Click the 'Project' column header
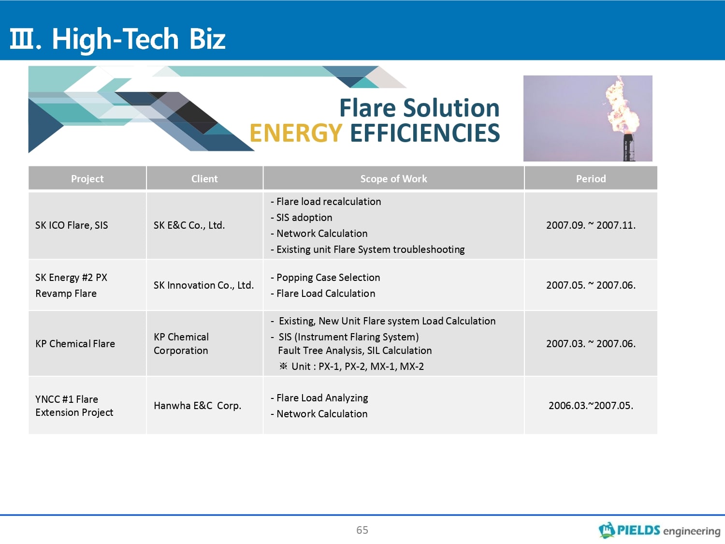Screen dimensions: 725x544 click(x=87, y=179)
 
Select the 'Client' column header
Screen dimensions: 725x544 click(x=204, y=179)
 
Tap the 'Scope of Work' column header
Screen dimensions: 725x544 click(x=393, y=179)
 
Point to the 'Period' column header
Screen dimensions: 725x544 click(x=591, y=179)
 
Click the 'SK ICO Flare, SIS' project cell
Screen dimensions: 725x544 click(x=72, y=225)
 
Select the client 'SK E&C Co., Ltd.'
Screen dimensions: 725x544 click(x=189, y=225)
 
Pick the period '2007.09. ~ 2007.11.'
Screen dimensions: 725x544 click(x=591, y=225)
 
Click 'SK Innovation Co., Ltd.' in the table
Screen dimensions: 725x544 click(x=204, y=285)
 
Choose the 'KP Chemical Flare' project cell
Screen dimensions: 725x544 click(x=75, y=343)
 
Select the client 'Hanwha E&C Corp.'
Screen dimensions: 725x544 click(x=198, y=405)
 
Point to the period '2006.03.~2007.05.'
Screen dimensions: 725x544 click(x=591, y=405)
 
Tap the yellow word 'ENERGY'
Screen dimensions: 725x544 click(x=296, y=133)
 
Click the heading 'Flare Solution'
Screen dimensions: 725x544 click(x=420, y=108)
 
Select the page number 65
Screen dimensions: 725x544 click(x=362, y=530)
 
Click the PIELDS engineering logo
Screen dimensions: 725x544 click(x=659, y=530)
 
